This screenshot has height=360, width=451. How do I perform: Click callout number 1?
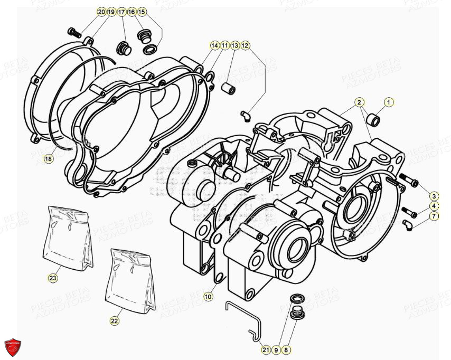pyautogui.click(x=389, y=102)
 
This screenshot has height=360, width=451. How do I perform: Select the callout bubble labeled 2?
pyautogui.click(x=359, y=102)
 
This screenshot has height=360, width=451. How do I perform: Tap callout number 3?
pyautogui.click(x=434, y=196)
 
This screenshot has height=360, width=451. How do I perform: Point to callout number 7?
pyautogui.click(x=434, y=216)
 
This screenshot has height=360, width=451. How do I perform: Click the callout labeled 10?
pyautogui.click(x=208, y=297)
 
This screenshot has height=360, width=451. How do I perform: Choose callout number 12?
pyautogui.click(x=245, y=46)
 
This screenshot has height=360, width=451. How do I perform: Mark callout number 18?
pyautogui.click(x=49, y=159)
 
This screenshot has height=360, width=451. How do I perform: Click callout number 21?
pyautogui.click(x=266, y=349)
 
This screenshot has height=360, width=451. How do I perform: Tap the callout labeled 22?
pyautogui.click(x=115, y=320)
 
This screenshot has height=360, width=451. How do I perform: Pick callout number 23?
pyautogui.click(x=53, y=277)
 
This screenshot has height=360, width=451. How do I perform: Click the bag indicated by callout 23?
pyautogui.click(x=67, y=235)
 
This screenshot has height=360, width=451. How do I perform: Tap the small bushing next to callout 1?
pyautogui.click(x=372, y=119)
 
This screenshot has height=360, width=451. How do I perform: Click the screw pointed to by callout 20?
pyautogui.click(x=76, y=32)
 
